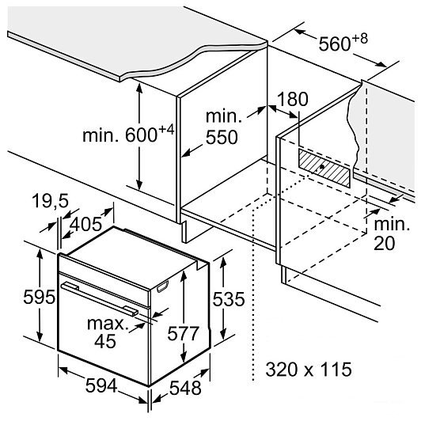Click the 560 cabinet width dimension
click(x=343, y=42)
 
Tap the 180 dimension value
click(x=292, y=99)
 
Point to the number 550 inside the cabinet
click(x=222, y=137)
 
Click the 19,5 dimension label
click(x=51, y=200)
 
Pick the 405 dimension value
click(x=85, y=224)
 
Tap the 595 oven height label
click(x=40, y=298)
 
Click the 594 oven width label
click(x=101, y=385)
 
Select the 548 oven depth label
click(x=185, y=388)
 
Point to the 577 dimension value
click(x=183, y=333)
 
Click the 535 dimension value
click(x=229, y=299)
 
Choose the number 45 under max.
click(x=105, y=341)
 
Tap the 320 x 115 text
click(x=309, y=370)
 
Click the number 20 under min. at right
click(x=385, y=244)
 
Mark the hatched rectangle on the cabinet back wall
click(x=324, y=169)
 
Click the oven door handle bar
click(x=100, y=298)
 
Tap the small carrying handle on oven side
click(x=163, y=286)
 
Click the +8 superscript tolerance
click(x=359, y=39)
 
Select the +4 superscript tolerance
click(x=166, y=131)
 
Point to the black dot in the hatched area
click(x=322, y=166)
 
